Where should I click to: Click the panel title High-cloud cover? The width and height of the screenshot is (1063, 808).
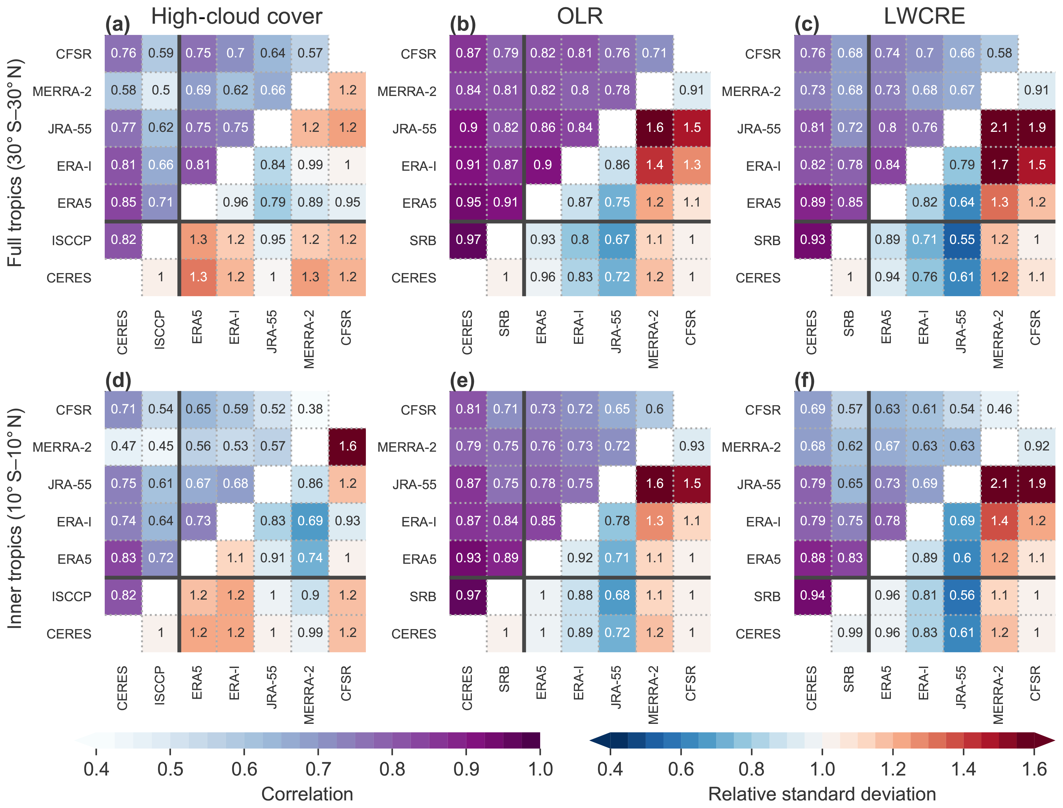pos(237,16)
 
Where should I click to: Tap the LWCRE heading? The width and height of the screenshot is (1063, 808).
pos(924,16)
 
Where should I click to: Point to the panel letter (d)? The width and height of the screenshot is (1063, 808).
pos(118,381)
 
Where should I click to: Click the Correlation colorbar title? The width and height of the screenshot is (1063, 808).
pos(307,793)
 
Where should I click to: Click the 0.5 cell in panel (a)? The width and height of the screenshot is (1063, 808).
pos(161,91)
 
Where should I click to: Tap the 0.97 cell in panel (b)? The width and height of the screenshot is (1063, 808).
pos(468,239)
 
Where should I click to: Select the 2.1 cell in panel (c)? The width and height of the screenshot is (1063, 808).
pos(999,128)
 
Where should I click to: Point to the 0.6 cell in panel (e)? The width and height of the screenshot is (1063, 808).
pos(654,409)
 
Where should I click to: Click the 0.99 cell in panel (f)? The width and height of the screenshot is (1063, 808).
pos(850,632)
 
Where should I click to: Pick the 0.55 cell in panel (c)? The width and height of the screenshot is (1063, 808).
pos(962,239)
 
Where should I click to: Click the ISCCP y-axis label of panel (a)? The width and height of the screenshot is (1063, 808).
pos(72,240)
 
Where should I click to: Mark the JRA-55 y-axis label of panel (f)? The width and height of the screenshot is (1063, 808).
pos(759,484)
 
